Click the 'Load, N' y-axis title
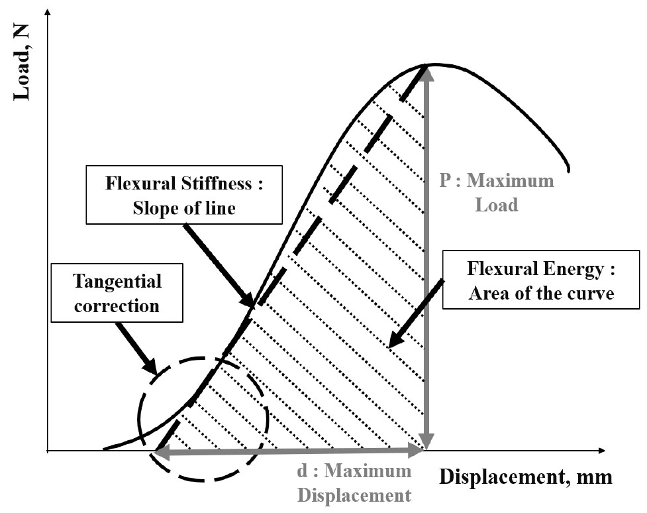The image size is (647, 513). coord(23,62)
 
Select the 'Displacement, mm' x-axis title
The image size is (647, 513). coord(526,477)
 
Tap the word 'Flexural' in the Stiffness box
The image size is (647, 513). coord(138,183)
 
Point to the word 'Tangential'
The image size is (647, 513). coord(118,282)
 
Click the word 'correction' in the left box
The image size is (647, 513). coord(117,306)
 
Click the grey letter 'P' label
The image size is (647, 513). coord(445,180)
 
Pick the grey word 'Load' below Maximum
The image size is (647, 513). coord(497,205)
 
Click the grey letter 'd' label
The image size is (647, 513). coord(302,471)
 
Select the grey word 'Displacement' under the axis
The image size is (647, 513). coord(354,496)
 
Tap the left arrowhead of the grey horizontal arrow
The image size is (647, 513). coord(160,451)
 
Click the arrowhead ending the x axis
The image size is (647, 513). coord(601,450)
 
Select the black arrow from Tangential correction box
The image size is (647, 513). coord(136,349)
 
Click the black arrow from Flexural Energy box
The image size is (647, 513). coord(416,313)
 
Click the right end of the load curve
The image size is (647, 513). coord(569,170)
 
